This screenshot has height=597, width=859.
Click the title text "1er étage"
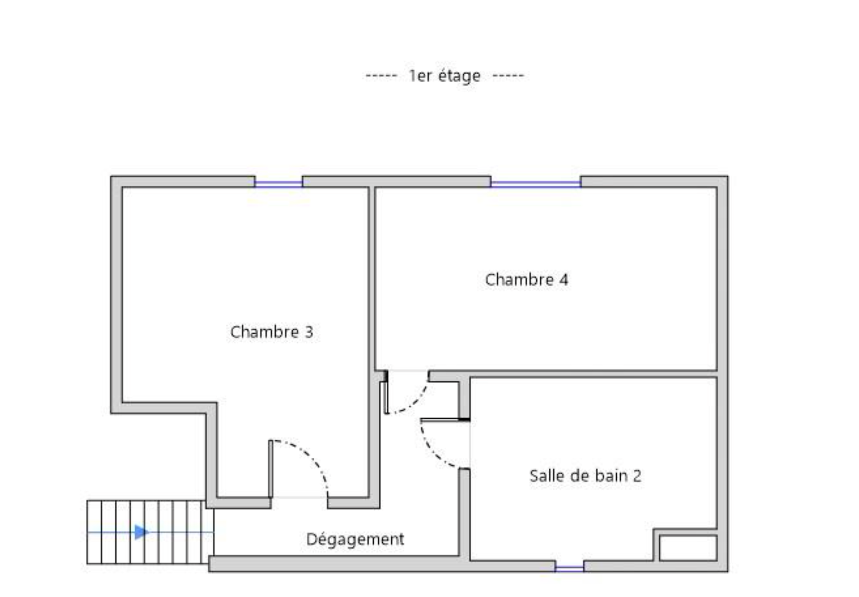pos(445,76)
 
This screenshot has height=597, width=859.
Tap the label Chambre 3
pos(272,332)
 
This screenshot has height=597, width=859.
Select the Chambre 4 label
pos(527,279)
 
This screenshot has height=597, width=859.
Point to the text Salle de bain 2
pos(585,476)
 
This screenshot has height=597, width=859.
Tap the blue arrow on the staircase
pos(140,532)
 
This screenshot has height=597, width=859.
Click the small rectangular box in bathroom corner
pos(688,548)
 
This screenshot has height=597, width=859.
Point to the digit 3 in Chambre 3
pos(309,332)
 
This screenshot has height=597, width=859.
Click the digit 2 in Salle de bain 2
pos(637,476)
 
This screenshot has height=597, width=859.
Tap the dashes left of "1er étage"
pos(381,76)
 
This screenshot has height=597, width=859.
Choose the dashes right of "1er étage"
pos(508,76)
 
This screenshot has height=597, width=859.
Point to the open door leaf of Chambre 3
pos(271,469)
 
